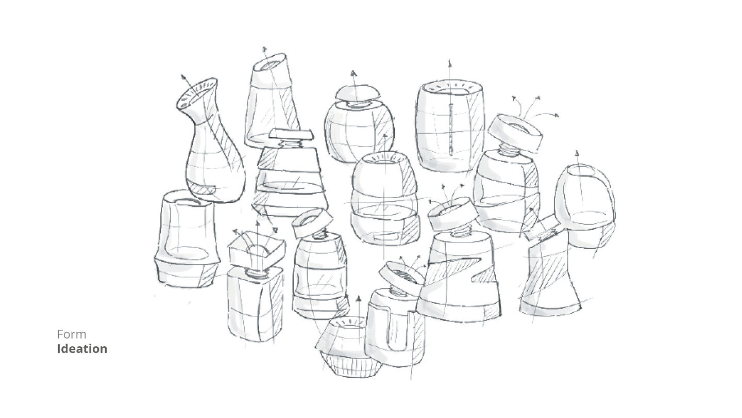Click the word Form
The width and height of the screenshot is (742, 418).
[72, 334]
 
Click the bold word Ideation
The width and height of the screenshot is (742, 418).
[82, 349]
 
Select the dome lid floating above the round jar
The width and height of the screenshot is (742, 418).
[357, 92]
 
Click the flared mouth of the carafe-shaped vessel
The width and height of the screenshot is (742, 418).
[197, 93]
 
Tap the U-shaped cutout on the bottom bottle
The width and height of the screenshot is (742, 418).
[397, 330]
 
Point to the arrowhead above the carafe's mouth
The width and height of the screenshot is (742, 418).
[183, 77]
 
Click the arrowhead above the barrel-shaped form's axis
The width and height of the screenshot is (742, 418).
[449, 63]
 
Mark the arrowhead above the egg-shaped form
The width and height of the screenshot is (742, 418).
[577, 153]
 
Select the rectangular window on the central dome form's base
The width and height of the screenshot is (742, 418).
[385, 236]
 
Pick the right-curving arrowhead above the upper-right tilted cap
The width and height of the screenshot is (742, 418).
[556, 115]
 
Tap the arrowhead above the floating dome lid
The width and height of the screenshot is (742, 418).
[354, 73]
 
